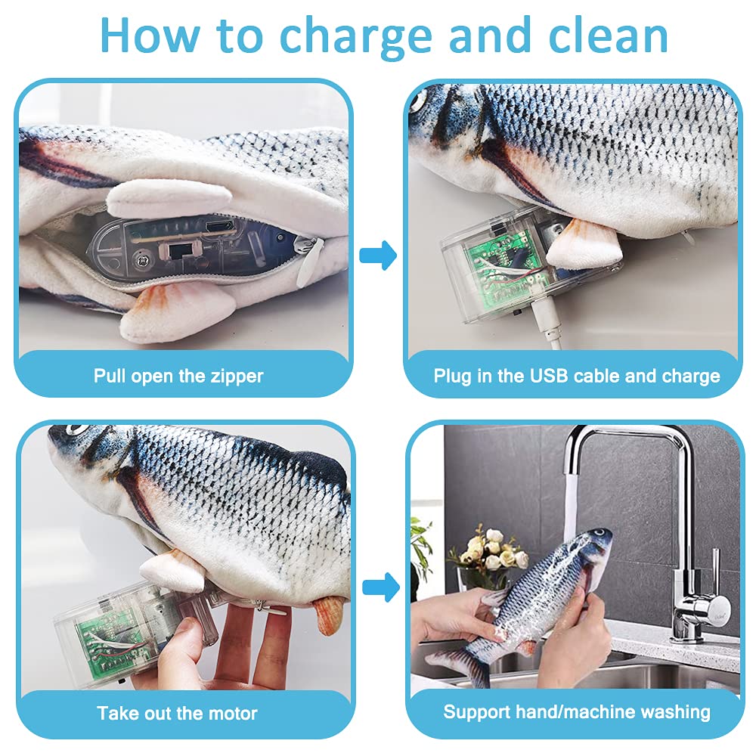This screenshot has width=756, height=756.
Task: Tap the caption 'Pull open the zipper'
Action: coord(178,376)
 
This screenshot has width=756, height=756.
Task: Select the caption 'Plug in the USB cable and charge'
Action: coord(576,376)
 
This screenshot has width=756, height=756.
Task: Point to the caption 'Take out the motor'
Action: coord(177,713)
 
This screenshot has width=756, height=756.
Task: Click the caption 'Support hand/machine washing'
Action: coord(576,711)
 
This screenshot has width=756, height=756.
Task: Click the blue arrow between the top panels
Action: coord(378,256)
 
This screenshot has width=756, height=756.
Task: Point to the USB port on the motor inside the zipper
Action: coord(225,225)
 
